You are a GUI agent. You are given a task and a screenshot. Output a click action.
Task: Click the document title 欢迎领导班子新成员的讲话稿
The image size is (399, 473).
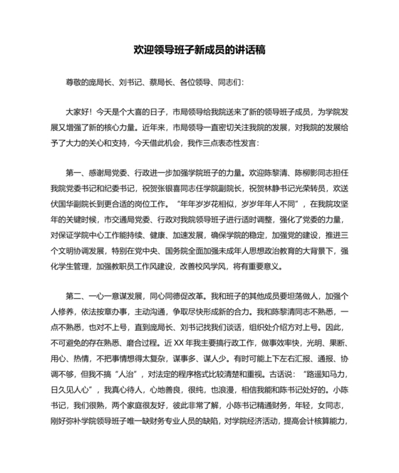199,51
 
